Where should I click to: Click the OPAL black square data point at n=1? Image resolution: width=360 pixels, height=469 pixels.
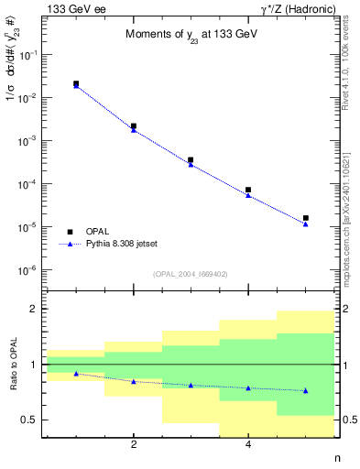click(76, 83)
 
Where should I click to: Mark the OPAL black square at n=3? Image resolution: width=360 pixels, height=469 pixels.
click(191, 159)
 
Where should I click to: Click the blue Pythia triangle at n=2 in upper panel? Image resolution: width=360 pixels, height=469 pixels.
click(134, 130)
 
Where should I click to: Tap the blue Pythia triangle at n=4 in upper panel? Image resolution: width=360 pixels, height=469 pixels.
click(248, 195)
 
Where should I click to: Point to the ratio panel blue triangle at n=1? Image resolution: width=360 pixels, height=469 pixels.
click(76, 374)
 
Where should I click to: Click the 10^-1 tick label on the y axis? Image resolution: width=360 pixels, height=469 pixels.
click(29, 55)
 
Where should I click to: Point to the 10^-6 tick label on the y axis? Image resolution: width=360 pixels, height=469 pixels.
click(29, 270)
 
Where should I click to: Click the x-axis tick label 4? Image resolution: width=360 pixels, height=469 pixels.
click(248, 445)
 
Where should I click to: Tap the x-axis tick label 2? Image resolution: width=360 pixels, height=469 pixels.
click(134, 445)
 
